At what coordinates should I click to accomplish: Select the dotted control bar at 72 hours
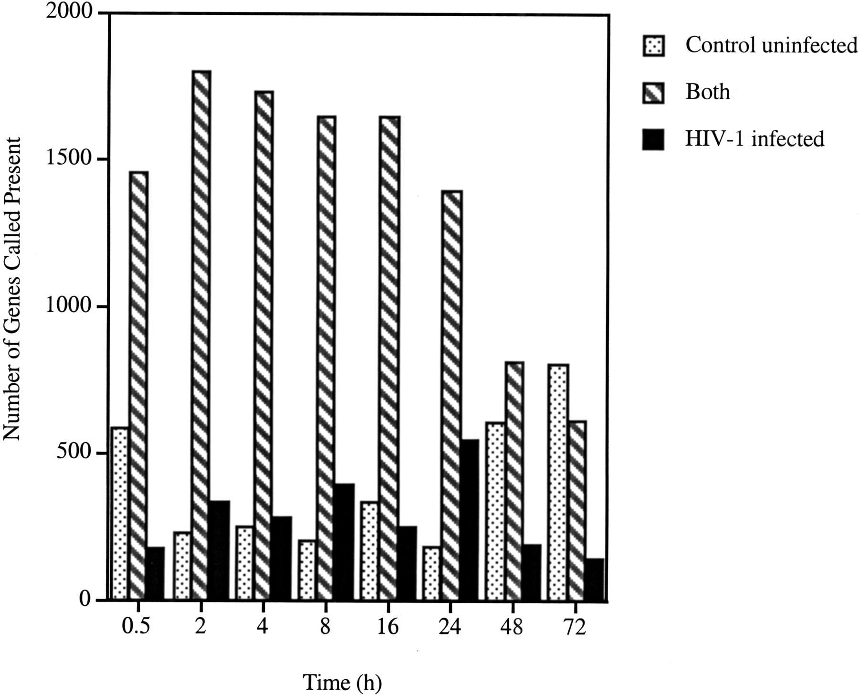(558, 482)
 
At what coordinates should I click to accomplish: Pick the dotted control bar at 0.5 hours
(119, 513)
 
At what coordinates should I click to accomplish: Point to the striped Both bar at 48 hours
(514, 480)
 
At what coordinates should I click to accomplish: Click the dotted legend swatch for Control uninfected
(653, 46)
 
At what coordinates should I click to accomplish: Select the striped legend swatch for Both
(653, 93)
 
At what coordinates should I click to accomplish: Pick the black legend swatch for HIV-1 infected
(653, 140)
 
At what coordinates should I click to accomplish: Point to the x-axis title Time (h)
(343, 683)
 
